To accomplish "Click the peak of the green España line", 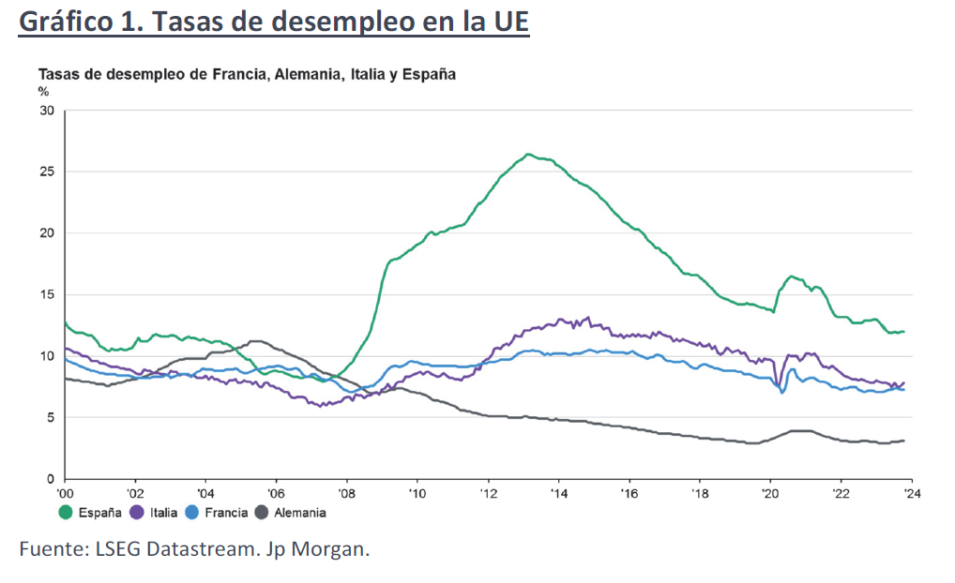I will point(528,154).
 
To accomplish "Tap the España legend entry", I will point(92,512).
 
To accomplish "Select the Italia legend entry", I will point(155,512).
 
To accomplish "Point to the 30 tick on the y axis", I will point(47,111).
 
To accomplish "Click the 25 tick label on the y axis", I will point(47,172).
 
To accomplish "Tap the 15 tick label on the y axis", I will point(47,295).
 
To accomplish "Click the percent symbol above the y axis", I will point(43,91).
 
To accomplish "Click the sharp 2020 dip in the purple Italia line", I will point(778,383).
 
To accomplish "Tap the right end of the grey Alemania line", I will point(903,441).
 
